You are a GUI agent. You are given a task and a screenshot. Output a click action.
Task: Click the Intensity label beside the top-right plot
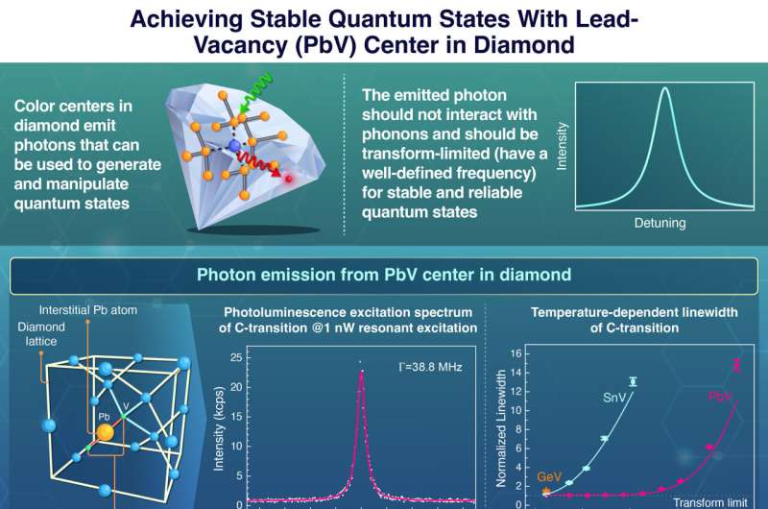click(564, 154)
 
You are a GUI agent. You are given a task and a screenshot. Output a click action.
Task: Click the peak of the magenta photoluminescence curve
click(361, 373)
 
